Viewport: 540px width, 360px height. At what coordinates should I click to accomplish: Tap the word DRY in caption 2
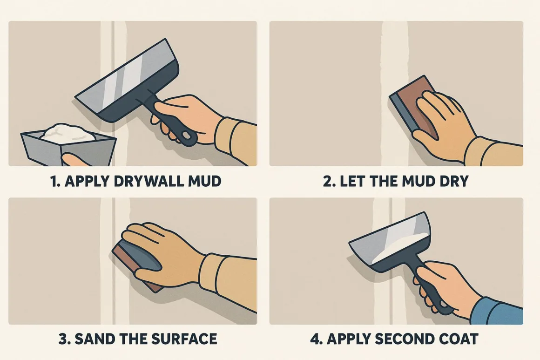(x=452, y=181)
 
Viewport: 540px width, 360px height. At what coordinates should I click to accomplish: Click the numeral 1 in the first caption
(x=54, y=181)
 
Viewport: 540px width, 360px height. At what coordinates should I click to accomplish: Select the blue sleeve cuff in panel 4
(x=498, y=312)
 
